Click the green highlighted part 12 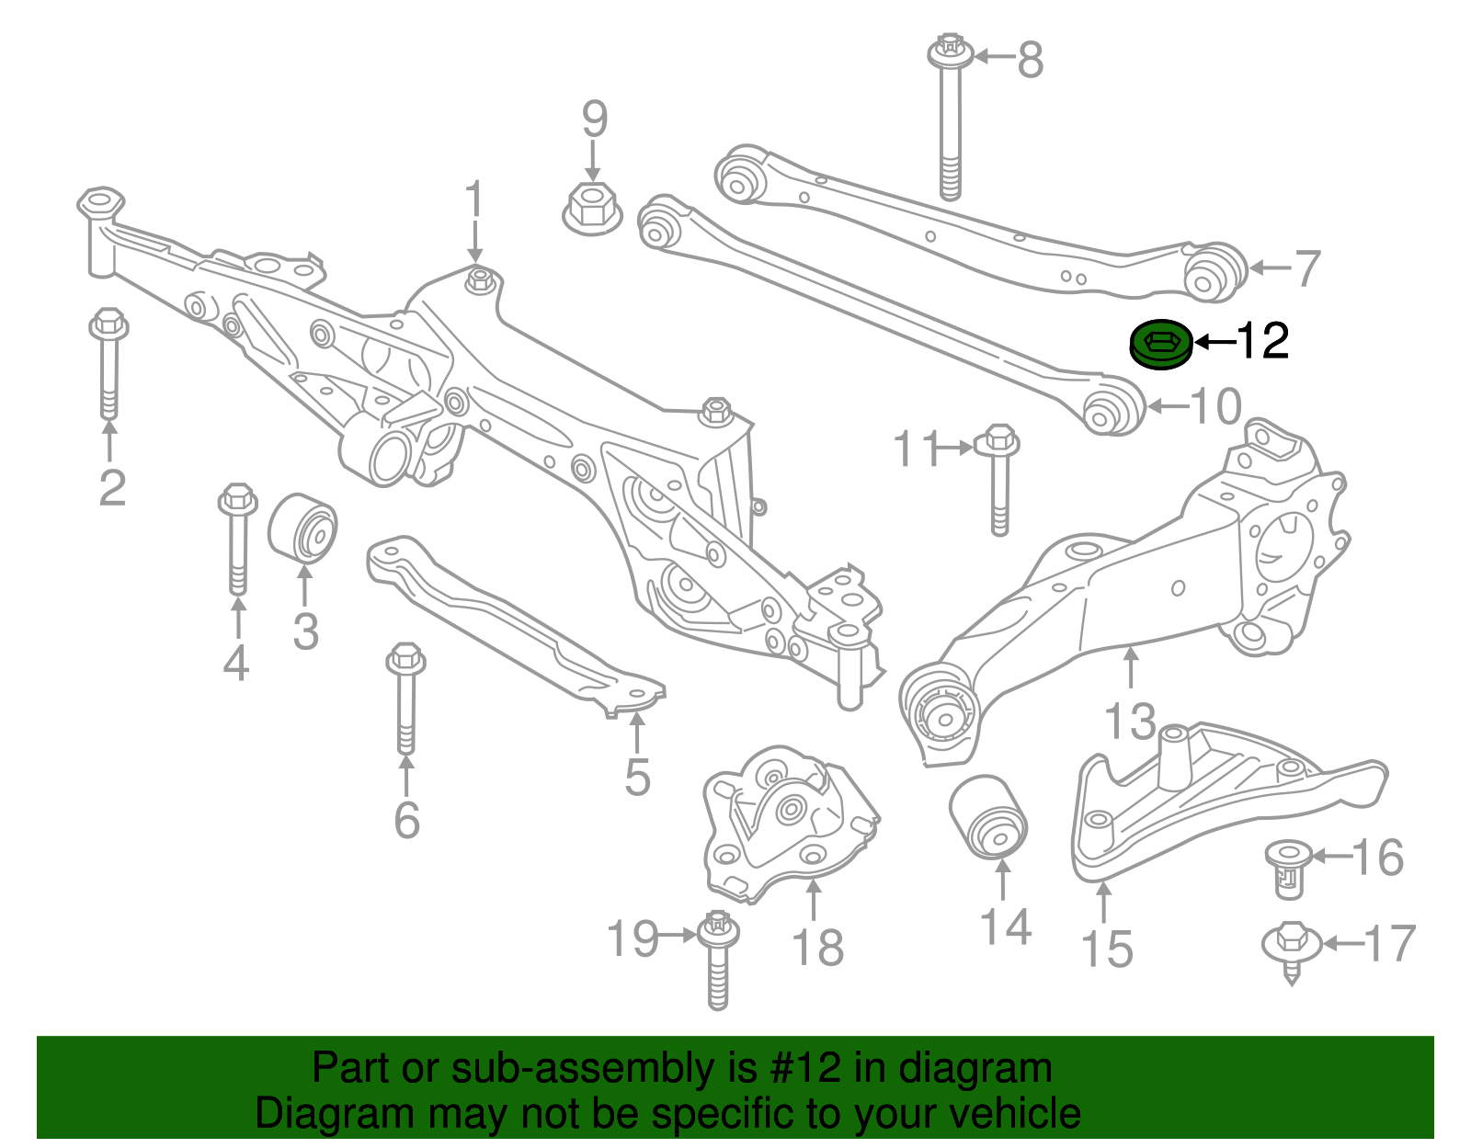1160,346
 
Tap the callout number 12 1263,342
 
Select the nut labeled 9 591,209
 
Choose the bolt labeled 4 237,538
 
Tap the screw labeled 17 1292,947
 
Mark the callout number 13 1130,722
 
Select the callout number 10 1215,406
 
